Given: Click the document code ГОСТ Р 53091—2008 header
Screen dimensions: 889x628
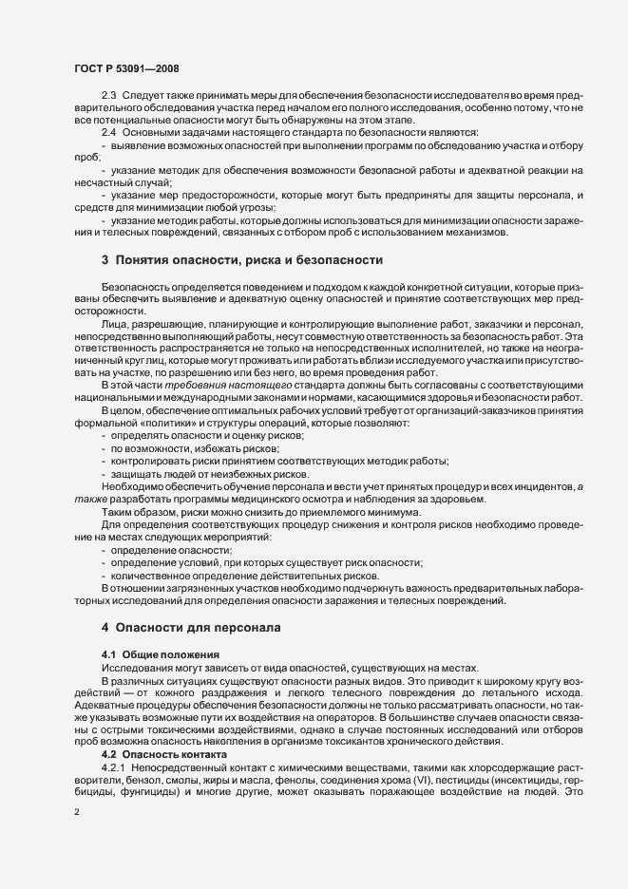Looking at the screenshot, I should click(125, 68).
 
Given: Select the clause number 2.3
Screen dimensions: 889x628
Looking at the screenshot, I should click(108, 98).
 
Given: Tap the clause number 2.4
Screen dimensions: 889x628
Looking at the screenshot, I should click(108, 132).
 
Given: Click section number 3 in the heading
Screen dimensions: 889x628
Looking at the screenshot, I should click(105, 258).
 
